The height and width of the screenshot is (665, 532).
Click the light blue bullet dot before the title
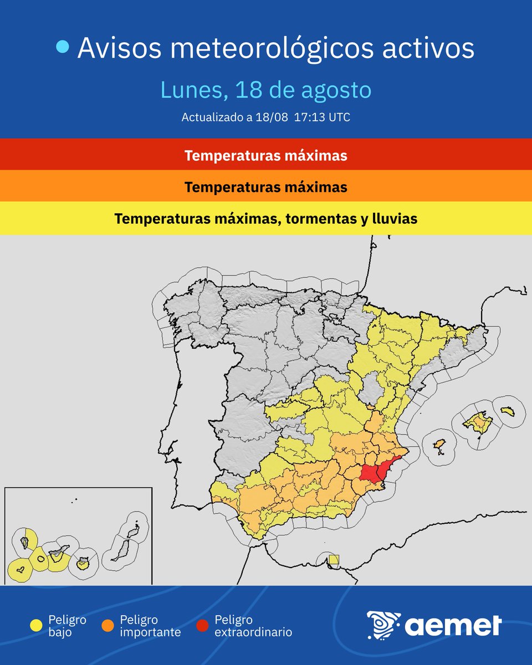pos(63,48)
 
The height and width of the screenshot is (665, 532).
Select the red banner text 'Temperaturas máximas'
pos(266,155)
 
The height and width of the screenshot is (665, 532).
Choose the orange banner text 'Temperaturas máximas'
pos(266,187)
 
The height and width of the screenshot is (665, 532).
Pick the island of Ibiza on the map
pos(439,446)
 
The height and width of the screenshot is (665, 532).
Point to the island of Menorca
pos(506,411)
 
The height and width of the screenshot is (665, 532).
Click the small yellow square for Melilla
pos(333,559)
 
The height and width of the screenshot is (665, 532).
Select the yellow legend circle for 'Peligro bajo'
pos(37,625)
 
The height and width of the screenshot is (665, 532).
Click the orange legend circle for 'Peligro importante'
pos(108,625)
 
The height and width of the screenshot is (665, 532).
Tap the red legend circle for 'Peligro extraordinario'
pos(203,625)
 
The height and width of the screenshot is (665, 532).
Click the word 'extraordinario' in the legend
pos(253,632)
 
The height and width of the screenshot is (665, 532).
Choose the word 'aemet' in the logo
pos(453,626)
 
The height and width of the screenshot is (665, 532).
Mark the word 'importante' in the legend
pos(150,632)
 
